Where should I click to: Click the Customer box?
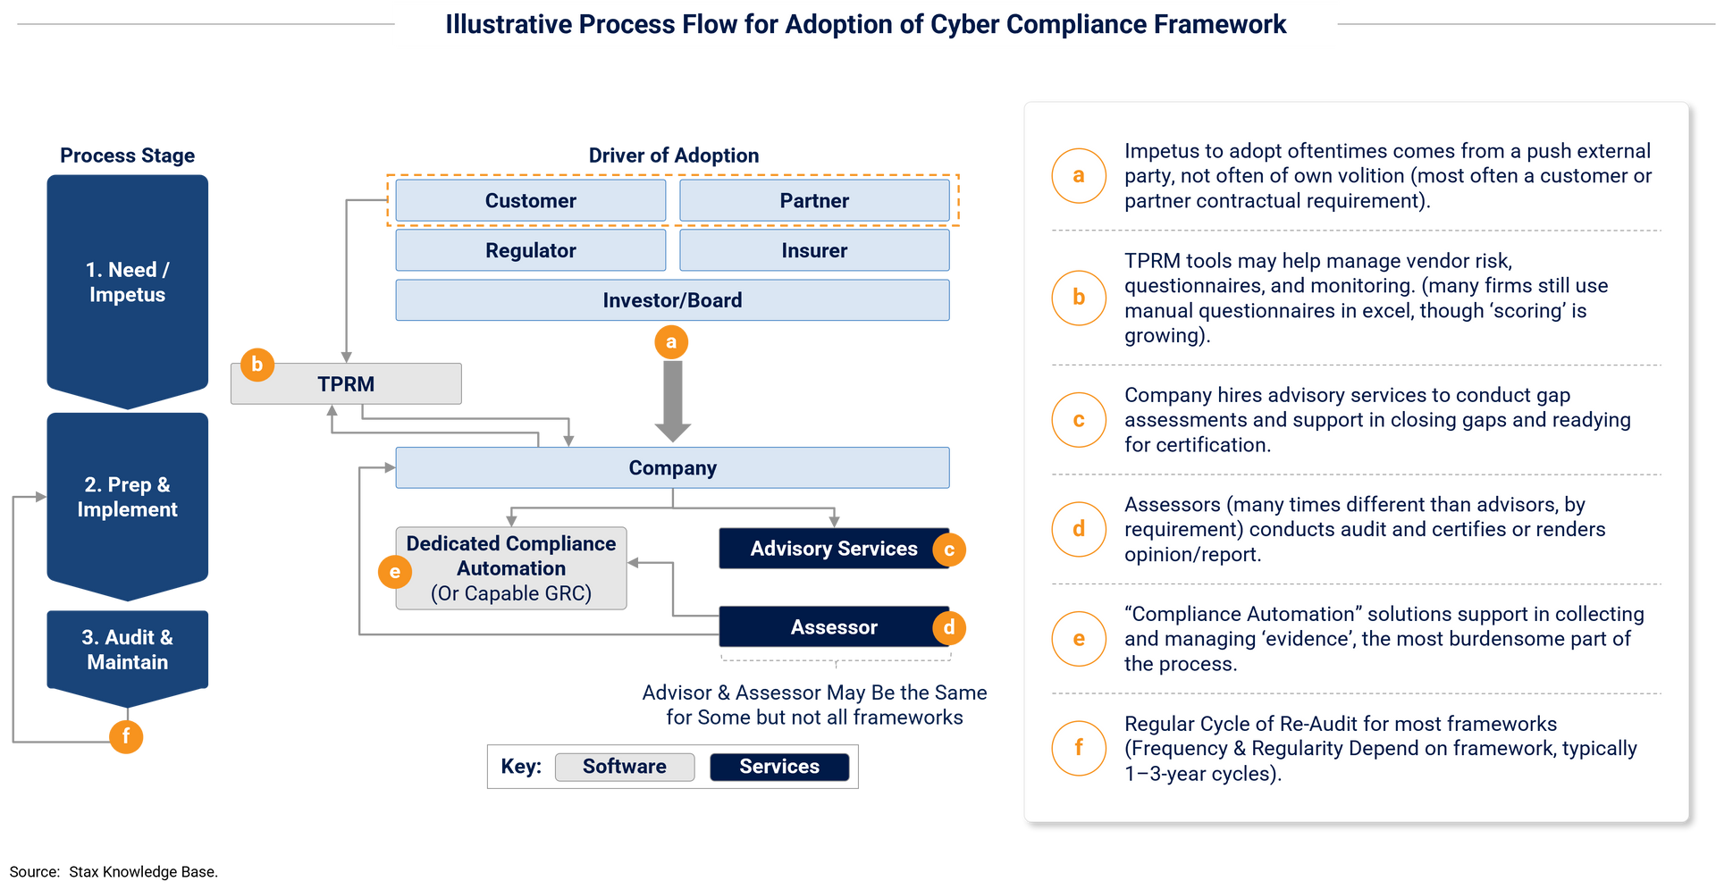(x=530, y=200)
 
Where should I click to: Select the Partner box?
(x=814, y=200)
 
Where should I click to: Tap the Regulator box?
(x=530, y=250)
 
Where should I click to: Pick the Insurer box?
(x=814, y=250)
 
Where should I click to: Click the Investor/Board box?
(x=672, y=300)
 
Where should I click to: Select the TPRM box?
(x=346, y=384)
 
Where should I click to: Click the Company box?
(x=672, y=467)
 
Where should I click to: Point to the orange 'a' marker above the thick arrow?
(x=671, y=341)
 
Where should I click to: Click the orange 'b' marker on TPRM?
(x=257, y=364)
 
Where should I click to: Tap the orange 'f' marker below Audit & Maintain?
(x=126, y=736)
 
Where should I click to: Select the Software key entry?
(x=624, y=767)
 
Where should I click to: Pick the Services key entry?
(x=779, y=767)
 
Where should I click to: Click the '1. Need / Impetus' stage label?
(x=127, y=281)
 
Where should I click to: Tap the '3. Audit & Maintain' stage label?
(x=127, y=650)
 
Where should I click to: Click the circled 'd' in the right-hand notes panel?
(x=1079, y=529)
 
